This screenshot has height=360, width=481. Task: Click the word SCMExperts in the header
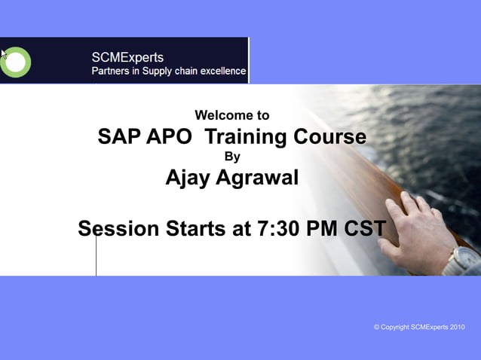[x=127, y=57]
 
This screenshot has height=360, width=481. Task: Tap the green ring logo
[x=16, y=62]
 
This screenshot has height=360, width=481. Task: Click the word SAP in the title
[x=118, y=137]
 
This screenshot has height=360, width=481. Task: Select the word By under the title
[x=233, y=157]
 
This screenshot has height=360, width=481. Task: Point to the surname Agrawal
[x=258, y=178]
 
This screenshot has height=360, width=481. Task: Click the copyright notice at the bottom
[x=419, y=327]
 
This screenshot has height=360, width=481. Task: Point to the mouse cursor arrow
[x=4, y=54]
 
